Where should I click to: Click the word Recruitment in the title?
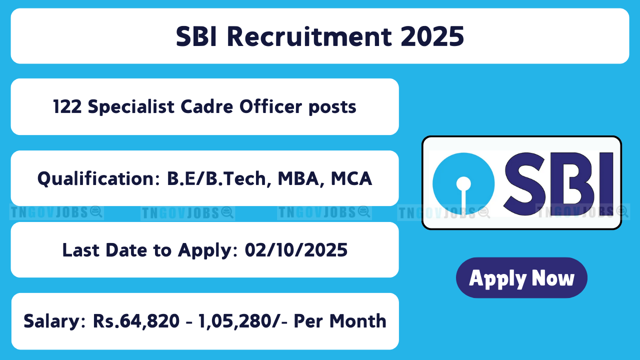[x=309, y=36]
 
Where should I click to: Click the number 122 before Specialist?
[x=67, y=107]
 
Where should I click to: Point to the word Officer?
[x=271, y=106]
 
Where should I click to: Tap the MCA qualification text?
[x=351, y=179]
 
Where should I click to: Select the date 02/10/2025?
[x=296, y=250]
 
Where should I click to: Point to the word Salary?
[x=54, y=321]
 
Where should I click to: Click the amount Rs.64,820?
[x=136, y=321]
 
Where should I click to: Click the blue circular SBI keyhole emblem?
[x=463, y=183]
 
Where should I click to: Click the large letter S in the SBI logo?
[x=524, y=183]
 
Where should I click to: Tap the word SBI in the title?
[x=196, y=36]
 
